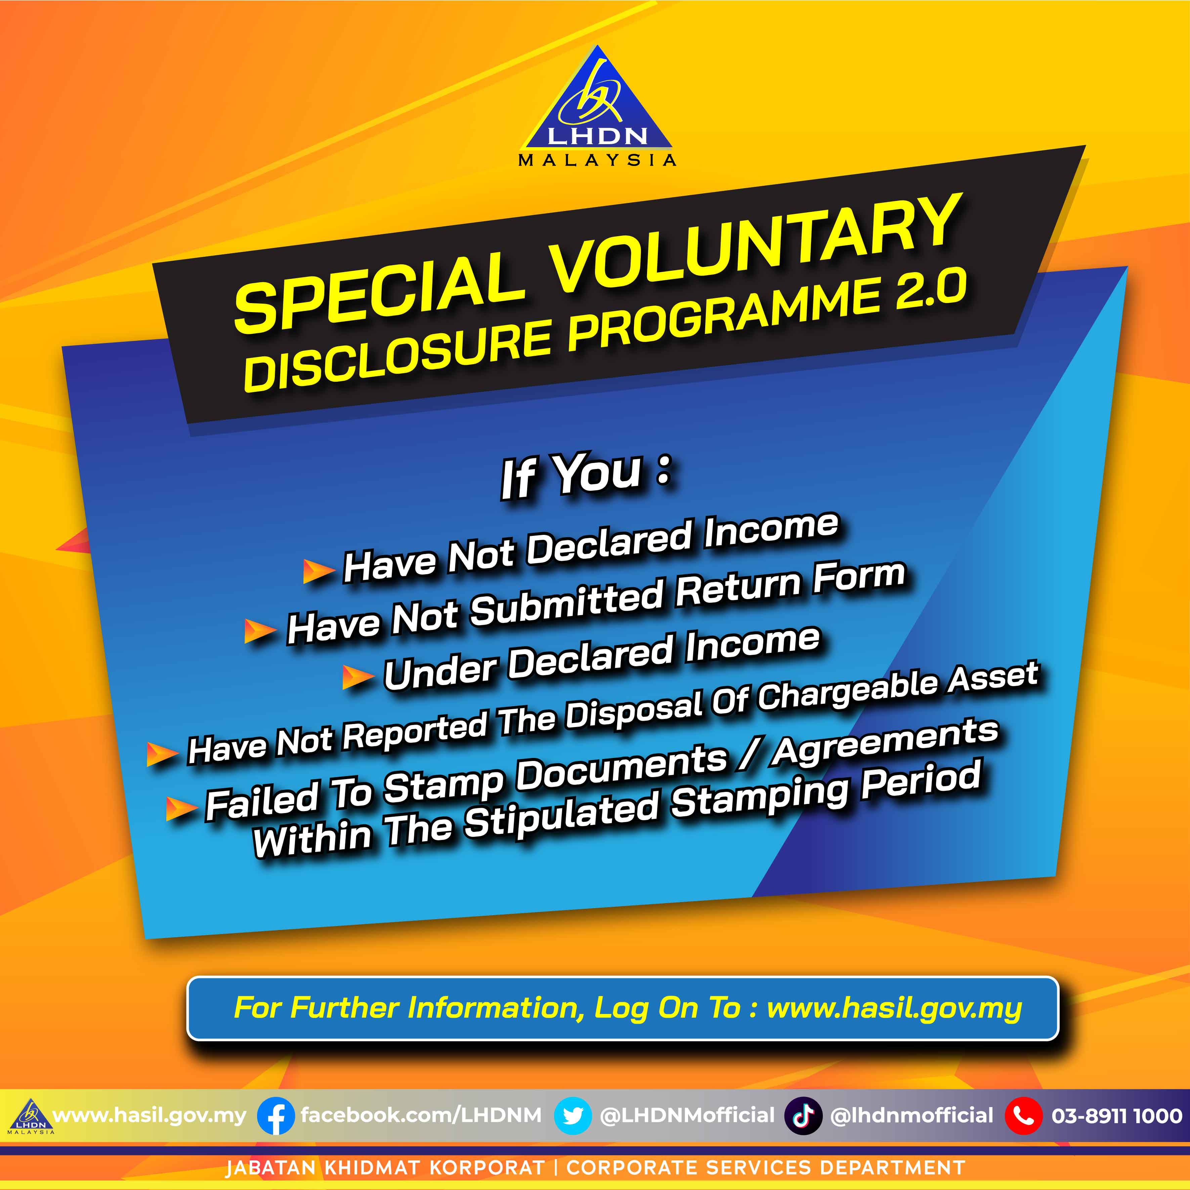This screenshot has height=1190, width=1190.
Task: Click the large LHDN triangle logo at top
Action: click(x=596, y=105)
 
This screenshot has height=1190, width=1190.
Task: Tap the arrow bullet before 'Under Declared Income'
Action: click(x=357, y=678)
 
